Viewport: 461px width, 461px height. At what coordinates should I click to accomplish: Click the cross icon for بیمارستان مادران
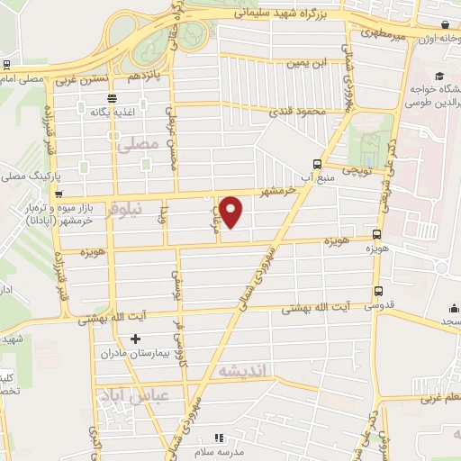(135, 339)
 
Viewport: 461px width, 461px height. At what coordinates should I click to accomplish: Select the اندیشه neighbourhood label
(238, 369)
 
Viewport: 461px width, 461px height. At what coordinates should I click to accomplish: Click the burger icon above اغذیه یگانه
(112, 99)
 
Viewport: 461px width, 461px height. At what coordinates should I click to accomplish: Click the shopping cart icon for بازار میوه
(59, 193)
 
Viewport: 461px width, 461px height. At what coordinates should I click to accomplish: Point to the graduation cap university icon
(439, 77)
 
